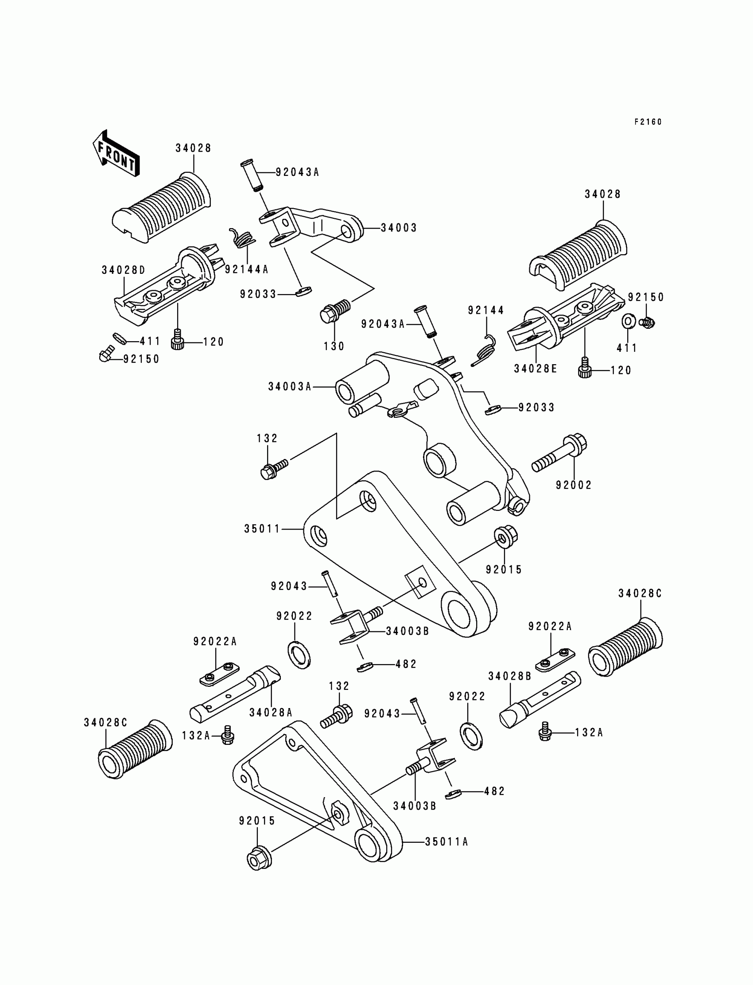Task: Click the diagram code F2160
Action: pos(648,122)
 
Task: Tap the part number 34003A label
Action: pos(290,386)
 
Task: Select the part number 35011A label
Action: pos(446,842)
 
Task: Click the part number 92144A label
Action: pos(246,269)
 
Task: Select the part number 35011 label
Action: pos(262,529)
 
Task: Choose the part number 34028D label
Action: pos(123,270)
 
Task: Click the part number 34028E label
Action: pos(536,369)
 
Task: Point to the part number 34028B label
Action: pos(510,676)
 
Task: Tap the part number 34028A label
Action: pos(271,712)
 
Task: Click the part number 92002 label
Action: pos(574,485)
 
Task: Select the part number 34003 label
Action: pos(399,228)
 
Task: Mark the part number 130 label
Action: pos(334,346)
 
